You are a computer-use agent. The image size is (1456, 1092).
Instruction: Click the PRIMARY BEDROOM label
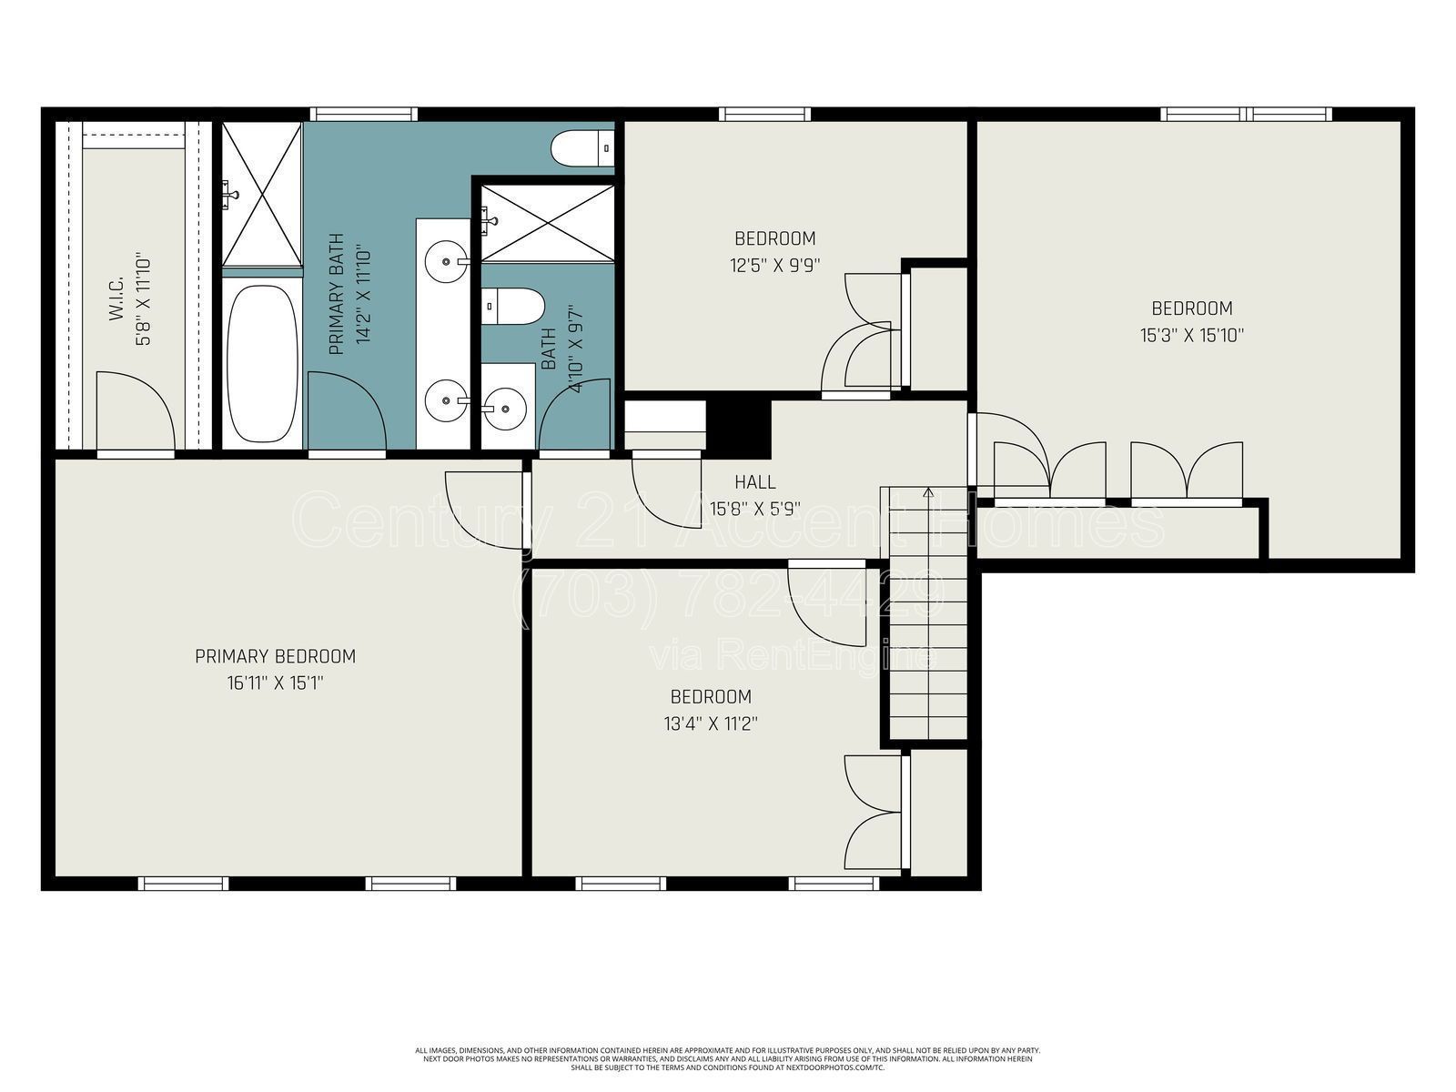(275, 656)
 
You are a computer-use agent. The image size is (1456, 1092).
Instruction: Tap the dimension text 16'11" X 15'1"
(275, 683)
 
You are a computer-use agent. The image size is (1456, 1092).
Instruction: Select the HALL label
(755, 482)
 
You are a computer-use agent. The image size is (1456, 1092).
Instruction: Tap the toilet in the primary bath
(582, 147)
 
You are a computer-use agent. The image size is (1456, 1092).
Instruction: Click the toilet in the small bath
(512, 307)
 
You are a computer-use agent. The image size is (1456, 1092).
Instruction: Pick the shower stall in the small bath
(548, 223)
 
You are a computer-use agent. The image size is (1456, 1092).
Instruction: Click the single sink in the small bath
(507, 407)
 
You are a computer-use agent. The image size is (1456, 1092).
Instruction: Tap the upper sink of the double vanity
(446, 261)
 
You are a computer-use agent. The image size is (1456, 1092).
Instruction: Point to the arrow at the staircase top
(928, 493)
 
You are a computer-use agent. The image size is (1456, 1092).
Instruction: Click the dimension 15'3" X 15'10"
(1191, 335)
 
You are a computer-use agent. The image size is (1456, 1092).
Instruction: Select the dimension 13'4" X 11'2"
(711, 724)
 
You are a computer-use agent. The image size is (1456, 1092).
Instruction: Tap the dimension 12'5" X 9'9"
(775, 266)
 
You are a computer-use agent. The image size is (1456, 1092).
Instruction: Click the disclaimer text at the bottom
(728, 1058)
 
